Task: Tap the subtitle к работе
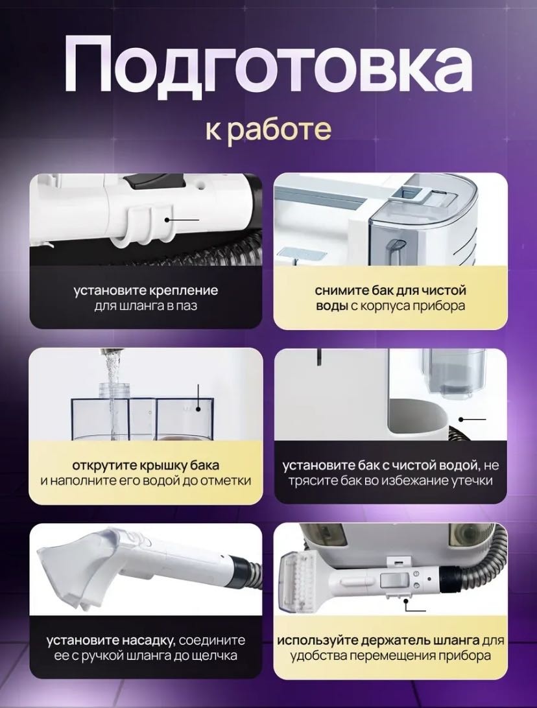coord(268,130)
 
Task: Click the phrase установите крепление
coord(146,290)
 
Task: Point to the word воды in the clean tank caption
coord(331,305)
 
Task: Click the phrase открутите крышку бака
coord(146,465)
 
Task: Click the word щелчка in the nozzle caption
coord(215,655)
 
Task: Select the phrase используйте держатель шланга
coord(378,641)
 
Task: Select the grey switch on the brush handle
coord(392,580)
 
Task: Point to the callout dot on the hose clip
coord(167,220)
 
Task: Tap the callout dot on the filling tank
coord(198,409)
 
